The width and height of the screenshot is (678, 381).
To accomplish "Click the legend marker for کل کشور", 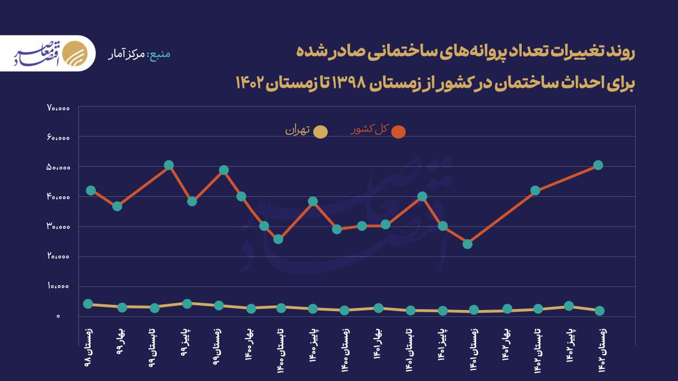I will (x=398, y=132).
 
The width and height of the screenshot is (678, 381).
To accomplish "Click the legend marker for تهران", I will (x=320, y=132).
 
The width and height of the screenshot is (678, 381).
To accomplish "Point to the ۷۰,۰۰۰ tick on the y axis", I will (x=58, y=108).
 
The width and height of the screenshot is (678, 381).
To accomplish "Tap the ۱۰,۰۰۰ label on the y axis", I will (x=58, y=286).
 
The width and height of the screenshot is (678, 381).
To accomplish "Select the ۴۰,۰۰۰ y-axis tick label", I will (x=58, y=197).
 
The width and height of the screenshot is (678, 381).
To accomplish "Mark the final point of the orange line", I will (x=598, y=165).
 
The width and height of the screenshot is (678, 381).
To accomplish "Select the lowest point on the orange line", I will (x=467, y=244).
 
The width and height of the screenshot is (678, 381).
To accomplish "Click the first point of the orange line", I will (x=91, y=190).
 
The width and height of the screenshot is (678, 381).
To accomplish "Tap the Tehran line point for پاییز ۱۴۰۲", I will (x=569, y=306).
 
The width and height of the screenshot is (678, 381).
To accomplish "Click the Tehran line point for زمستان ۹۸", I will (x=88, y=304).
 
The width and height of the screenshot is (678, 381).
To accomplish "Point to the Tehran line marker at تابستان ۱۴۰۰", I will (x=281, y=307).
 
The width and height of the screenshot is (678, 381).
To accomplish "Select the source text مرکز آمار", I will (x=127, y=55).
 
